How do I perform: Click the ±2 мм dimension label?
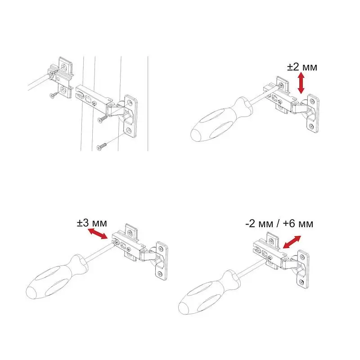point(302,67)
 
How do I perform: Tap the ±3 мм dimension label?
point(92,223)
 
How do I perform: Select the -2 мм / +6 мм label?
point(279,224)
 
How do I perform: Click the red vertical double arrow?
point(301,83)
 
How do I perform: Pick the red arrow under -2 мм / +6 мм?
point(292,242)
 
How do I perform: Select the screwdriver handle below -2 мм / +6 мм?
point(209,292)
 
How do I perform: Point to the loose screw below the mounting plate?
point(54,95)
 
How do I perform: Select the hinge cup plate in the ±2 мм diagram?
point(313,114)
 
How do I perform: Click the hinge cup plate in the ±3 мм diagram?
point(162,261)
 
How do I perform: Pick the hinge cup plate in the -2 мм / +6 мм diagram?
point(303,269)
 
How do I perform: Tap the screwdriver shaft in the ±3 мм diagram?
point(100,252)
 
